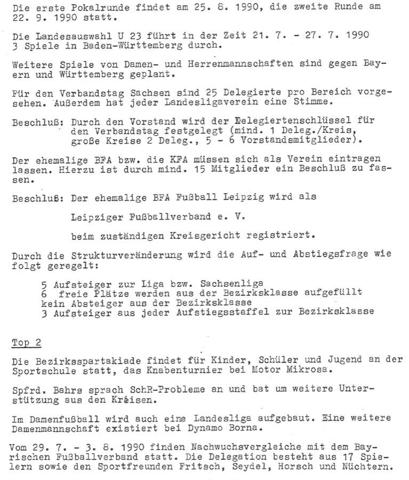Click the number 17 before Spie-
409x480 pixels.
coord(334,457)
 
